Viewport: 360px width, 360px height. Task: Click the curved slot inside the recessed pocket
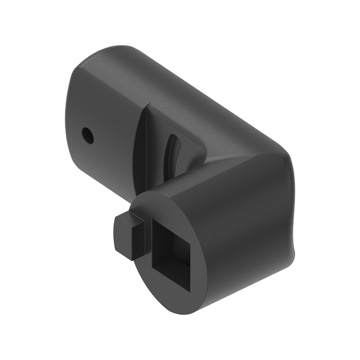(171, 153)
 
